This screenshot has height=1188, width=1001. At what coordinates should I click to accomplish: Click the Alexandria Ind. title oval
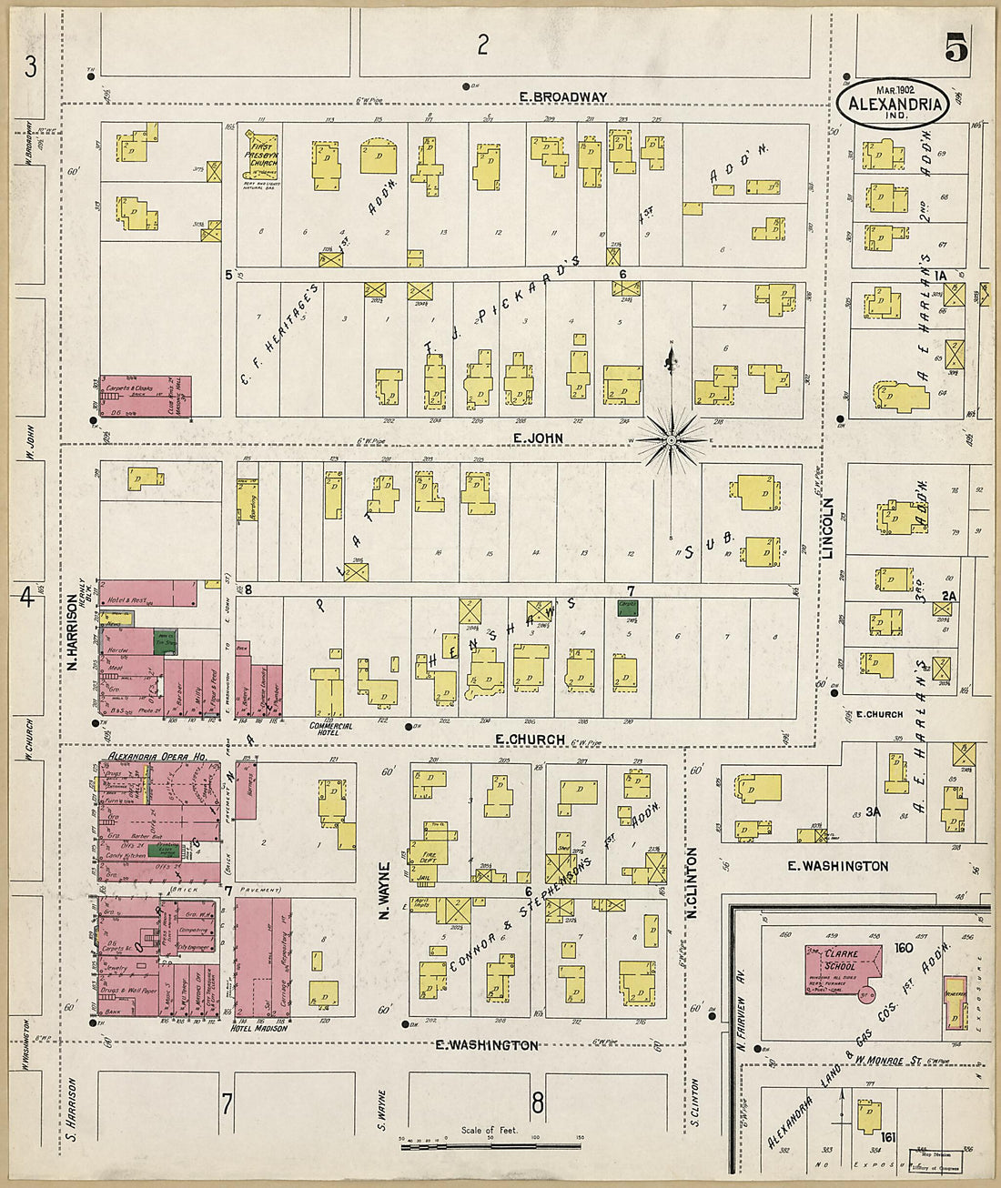894,103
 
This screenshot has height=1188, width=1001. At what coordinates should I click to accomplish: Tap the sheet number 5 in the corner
955,47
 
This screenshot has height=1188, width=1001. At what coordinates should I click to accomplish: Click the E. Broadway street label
562,96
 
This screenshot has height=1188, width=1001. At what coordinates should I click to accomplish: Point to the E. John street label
537,438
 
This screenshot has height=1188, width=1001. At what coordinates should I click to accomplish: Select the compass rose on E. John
671,441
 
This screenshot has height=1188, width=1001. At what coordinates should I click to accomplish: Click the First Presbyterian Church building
263,157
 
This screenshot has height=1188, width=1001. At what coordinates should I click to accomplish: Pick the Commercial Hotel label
331,727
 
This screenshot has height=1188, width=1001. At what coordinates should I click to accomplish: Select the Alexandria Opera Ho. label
157,756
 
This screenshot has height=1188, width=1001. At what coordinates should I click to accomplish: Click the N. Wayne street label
385,890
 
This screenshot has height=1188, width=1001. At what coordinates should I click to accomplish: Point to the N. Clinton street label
693,882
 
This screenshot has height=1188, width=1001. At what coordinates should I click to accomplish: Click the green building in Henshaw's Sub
626,608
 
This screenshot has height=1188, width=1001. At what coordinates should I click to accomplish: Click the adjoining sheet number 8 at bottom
537,1103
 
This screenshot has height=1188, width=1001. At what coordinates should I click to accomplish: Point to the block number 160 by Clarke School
903,948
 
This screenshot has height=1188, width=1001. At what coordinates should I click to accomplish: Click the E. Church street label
530,740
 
